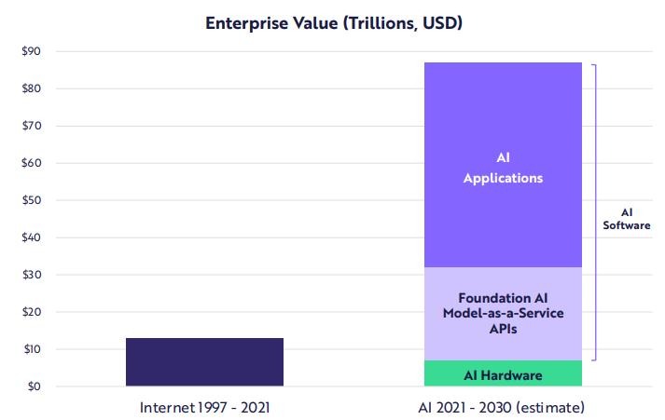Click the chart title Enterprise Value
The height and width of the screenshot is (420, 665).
tap(334, 22)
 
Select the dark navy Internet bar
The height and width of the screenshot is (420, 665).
tap(204, 361)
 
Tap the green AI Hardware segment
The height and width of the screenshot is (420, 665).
tap(503, 374)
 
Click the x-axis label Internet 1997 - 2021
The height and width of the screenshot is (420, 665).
tap(204, 408)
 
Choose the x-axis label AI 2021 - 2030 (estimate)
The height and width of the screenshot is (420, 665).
tap(503, 408)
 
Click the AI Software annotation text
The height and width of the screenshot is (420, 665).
tap(626, 218)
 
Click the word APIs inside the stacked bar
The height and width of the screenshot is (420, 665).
tap(503, 329)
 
